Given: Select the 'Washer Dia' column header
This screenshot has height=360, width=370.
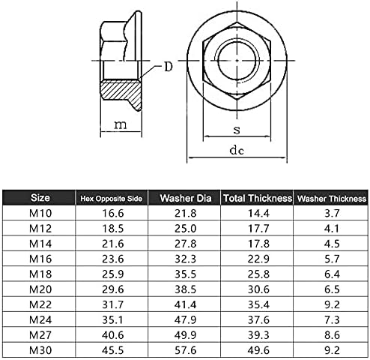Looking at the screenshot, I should [x=184, y=198].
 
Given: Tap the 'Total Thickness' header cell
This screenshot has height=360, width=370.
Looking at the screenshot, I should [x=257, y=198].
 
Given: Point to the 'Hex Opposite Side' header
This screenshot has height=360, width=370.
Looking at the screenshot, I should [x=111, y=199].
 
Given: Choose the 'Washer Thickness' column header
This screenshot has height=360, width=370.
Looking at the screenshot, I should [x=331, y=199].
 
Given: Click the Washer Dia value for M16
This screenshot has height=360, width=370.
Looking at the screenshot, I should [x=184, y=259].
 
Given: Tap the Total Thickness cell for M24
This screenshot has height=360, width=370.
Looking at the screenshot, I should [x=257, y=319].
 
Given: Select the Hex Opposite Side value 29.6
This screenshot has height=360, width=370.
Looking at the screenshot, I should [x=111, y=289].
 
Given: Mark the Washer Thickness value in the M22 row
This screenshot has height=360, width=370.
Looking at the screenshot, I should [x=331, y=304].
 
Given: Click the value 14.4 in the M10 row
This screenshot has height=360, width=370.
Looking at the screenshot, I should [x=257, y=214].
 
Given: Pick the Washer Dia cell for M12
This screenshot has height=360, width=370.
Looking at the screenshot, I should [x=184, y=229].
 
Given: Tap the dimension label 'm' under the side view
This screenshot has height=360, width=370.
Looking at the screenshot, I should [x=118, y=125].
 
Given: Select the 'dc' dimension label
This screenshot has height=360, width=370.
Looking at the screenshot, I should [x=237, y=150].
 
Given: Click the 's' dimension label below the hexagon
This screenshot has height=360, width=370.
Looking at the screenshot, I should [x=237, y=129].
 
